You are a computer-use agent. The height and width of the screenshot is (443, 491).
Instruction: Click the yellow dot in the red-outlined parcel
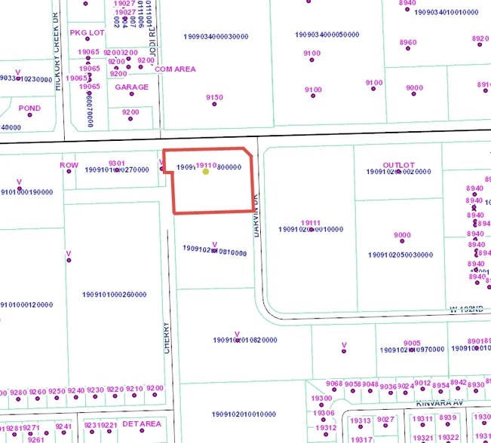click(206, 171)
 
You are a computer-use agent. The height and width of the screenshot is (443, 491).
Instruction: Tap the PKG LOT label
click(87, 33)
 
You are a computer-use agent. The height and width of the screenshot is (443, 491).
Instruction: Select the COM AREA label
click(174, 69)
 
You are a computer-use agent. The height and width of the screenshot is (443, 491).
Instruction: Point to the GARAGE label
click(131, 87)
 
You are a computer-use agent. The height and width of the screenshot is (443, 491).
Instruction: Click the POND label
click(30, 108)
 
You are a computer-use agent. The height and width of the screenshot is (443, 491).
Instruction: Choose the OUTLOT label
click(398, 165)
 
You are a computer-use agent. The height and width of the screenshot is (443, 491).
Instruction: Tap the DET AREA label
click(142, 424)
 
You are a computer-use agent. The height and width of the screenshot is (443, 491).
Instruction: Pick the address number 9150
click(214, 97)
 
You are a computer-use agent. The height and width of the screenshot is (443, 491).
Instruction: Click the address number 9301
click(116, 163)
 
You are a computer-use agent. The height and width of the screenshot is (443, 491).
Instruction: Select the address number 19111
click(311, 222)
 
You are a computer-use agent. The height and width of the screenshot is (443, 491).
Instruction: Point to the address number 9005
click(412, 343)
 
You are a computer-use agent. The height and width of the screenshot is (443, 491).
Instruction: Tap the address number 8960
click(408, 42)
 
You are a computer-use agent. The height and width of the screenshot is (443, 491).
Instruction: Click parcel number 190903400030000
click(216, 36)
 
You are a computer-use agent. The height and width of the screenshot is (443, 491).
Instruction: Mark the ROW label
click(69, 165)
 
